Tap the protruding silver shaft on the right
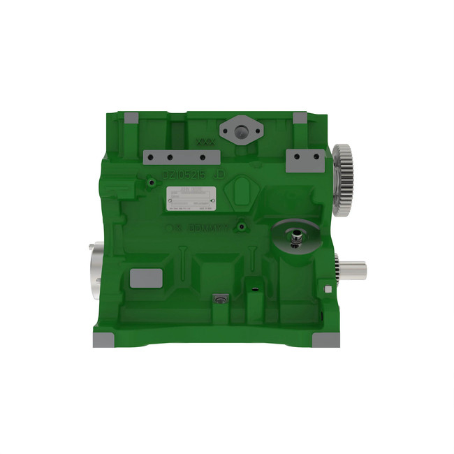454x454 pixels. (354, 267)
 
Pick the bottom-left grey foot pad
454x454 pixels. (105, 340)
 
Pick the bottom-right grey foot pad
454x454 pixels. (326, 340)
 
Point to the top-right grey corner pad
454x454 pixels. (299, 119)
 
